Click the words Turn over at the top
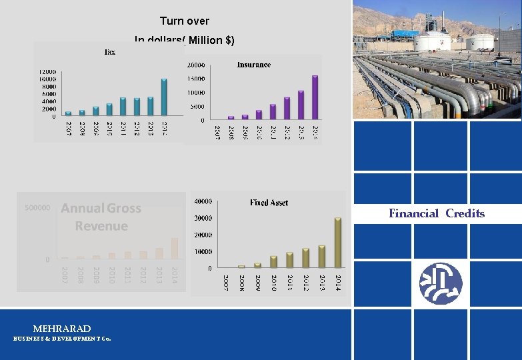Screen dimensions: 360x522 185,21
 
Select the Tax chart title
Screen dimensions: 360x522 109,52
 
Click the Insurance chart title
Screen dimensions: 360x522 254,65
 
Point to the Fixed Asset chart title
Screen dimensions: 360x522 269,202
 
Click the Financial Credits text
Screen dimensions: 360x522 437,214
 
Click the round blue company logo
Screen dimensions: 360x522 441,283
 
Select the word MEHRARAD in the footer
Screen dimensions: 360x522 62,329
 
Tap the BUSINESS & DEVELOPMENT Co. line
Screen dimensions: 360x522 62,339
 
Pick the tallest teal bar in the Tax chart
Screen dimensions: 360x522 164,97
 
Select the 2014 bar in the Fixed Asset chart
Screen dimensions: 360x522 338,243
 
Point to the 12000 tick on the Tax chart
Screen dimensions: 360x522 47,71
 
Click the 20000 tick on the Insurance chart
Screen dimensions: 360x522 196,65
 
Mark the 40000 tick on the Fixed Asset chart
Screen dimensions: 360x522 203,201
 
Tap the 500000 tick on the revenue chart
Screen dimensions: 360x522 37,208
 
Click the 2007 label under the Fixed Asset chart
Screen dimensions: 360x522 226,282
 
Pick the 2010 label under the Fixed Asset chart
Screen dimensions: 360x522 274,282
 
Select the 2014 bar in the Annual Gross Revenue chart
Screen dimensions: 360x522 175,248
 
